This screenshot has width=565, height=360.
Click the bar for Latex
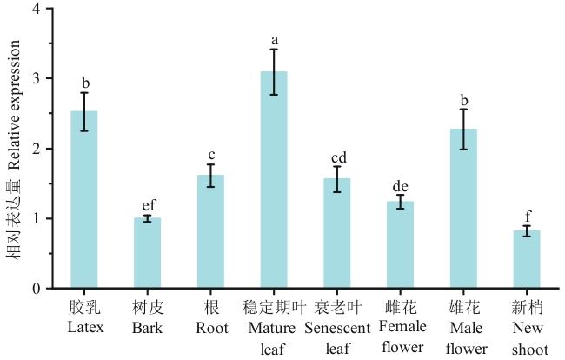click(84, 200)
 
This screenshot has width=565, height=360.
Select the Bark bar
click(147, 253)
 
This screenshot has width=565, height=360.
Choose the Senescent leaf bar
click(336, 233)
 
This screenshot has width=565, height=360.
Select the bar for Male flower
click(463, 209)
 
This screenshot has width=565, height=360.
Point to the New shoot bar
click(527, 259)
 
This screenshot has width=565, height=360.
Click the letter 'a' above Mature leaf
click(274, 40)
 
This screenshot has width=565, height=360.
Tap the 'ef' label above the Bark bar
click(148, 205)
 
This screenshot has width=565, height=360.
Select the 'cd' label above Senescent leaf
click(337, 157)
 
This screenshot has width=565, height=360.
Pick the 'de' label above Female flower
click(401, 185)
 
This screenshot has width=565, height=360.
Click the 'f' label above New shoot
click(527, 217)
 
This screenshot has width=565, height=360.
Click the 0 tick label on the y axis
click(37, 289)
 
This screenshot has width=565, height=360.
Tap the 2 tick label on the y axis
click(37, 149)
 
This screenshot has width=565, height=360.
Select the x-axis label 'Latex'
click(84, 328)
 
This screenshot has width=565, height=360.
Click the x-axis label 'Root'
click(210, 328)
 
